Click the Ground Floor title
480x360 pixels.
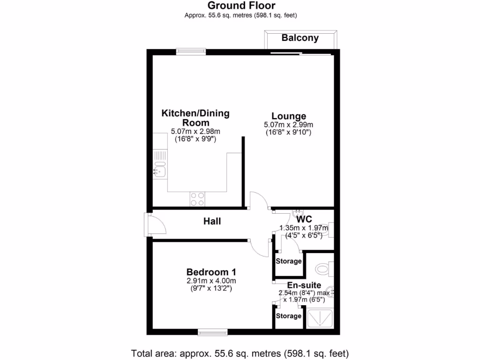click(x=241, y=6)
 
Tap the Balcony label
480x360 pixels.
click(x=300, y=38)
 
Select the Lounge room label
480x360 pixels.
click(x=288, y=116)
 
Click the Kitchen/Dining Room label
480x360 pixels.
click(x=195, y=118)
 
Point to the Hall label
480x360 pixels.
click(x=212, y=221)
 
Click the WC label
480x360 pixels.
click(x=304, y=219)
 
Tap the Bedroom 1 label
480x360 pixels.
click(x=211, y=272)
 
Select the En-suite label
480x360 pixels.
click(x=304, y=285)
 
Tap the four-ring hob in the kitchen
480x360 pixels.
click(x=197, y=199)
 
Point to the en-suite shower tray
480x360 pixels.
click(x=320, y=318)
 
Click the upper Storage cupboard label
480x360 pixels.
click(x=289, y=261)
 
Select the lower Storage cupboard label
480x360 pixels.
click(x=289, y=316)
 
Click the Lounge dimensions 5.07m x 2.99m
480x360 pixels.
click(x=288, y=125)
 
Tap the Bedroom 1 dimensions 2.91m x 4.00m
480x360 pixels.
click(x=211, y=281)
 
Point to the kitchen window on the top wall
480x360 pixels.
click(x=191, y=52)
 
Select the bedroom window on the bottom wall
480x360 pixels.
click(x=212, y=332)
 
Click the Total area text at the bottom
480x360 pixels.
click(x=240, y=353)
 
